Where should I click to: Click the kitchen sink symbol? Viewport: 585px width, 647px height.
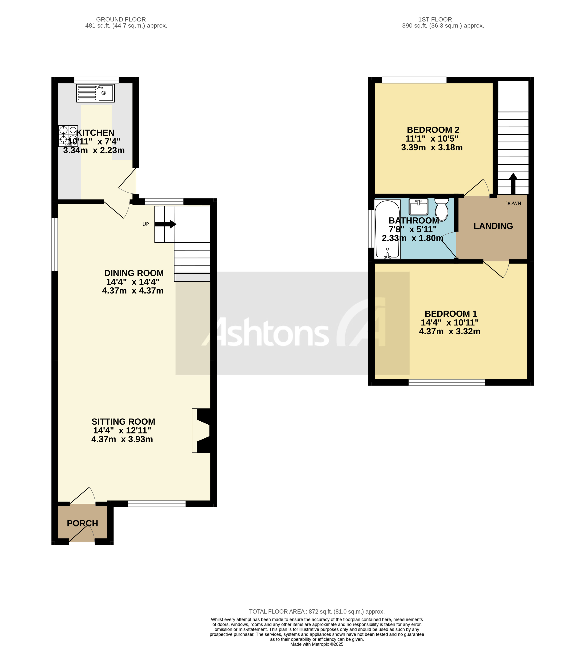click(95, 93)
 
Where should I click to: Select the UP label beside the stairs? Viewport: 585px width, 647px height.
click(146, 224)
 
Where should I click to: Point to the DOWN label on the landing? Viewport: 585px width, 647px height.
click(513, 204)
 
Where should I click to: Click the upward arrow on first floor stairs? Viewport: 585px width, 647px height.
click(513, 183)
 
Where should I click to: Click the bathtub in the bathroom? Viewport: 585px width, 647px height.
click(387, 229)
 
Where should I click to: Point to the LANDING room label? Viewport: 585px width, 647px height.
click(493, 226)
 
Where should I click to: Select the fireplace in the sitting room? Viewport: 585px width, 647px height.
click(202, 430)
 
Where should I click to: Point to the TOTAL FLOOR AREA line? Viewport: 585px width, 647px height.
click(317, 612)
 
